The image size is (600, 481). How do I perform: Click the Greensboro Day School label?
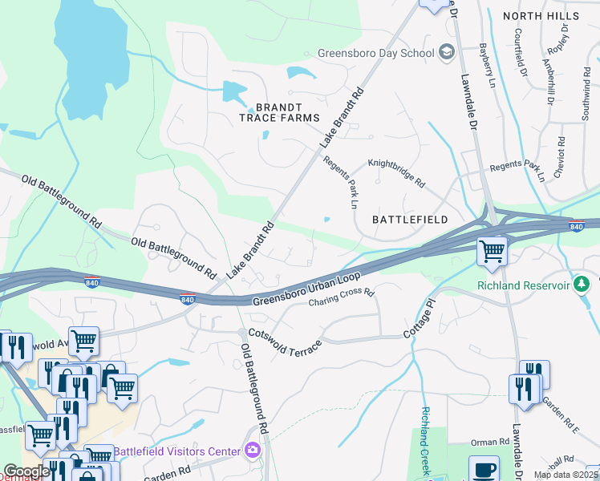[375, 54]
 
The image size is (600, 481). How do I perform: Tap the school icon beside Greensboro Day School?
[447, 54]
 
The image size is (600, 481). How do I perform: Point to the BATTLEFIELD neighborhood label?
[409, 219]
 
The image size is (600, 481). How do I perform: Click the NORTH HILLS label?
[540, 16]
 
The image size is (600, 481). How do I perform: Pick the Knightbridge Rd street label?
[396, 172]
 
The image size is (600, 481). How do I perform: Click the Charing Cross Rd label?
[343, 298]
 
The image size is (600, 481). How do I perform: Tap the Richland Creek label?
[425, 441]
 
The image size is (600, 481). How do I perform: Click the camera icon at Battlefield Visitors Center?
[253, 451]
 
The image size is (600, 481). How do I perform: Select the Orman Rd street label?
[491, 442]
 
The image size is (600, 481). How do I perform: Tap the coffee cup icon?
[484, 470]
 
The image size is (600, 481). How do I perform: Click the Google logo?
[26, 471]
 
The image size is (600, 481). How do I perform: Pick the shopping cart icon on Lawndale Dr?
[492, 251]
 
